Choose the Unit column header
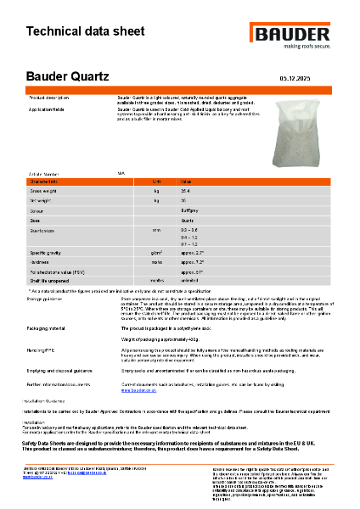[156, 182]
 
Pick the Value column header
[187, 182]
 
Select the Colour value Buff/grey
[190, 210]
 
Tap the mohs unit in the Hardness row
[156, 262]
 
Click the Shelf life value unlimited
[190, 281]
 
